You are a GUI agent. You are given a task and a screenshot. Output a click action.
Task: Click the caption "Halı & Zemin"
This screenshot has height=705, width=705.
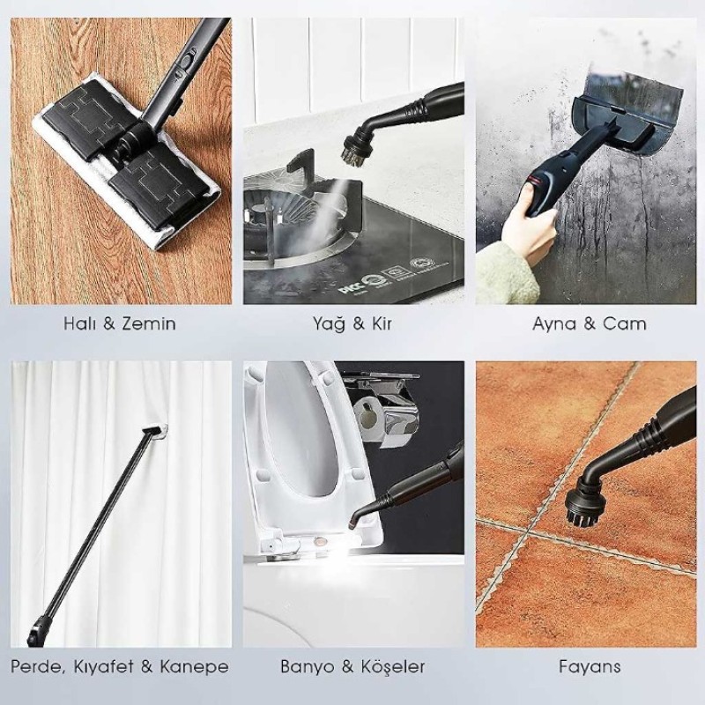pos(119,323)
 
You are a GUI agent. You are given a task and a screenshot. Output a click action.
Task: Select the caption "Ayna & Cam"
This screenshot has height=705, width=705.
pos(589,323)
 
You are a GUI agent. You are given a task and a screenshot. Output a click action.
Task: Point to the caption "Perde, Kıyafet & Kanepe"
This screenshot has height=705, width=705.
pos(120,666)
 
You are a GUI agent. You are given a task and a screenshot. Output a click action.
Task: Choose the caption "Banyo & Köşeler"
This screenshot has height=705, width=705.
pos(352,666)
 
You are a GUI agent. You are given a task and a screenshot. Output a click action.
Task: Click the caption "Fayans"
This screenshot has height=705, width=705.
pos(589,666)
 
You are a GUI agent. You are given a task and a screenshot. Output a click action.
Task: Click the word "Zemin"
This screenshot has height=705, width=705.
pos(148,323)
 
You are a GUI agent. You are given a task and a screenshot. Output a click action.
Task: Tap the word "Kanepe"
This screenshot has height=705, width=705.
pos(195,666)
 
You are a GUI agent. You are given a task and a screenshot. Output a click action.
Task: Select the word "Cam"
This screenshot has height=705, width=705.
pos(624,323)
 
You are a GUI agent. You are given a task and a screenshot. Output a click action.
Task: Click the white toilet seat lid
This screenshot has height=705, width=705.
pos(300,441)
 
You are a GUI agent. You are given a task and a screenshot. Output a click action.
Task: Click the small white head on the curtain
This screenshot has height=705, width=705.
pos(158,429)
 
